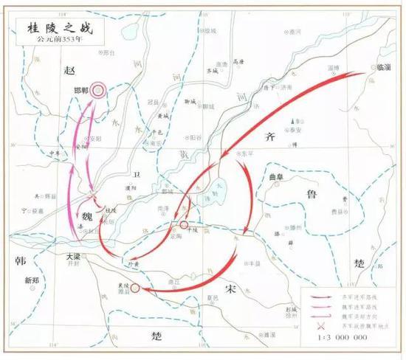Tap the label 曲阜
pyautogui.click(x=275, y=178)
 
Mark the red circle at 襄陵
pyautogui.click(x=134, y=288)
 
